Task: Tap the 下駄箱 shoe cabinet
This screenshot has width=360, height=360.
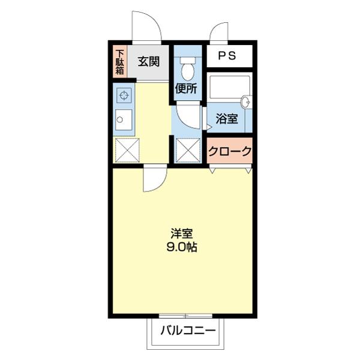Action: click(x=120, y=62)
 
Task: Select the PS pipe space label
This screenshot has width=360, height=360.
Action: click(x=227, y=57)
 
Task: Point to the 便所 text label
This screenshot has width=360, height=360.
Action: click(x=186, y=89)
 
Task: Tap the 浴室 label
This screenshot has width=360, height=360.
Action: click(x=226, y=119)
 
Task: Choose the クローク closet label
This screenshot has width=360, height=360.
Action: click(x=229, y=151)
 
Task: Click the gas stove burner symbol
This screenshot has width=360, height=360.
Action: click(x=124, y=95)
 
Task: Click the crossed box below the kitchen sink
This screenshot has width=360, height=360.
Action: click(x=126, y=150)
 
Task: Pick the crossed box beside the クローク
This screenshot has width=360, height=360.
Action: click(x=187, y=150)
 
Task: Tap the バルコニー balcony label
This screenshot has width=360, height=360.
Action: click(x=187, y=331)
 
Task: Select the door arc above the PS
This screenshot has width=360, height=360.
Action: click(x=220, y=32)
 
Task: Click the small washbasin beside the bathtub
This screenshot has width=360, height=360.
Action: click(x=245, y=100)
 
